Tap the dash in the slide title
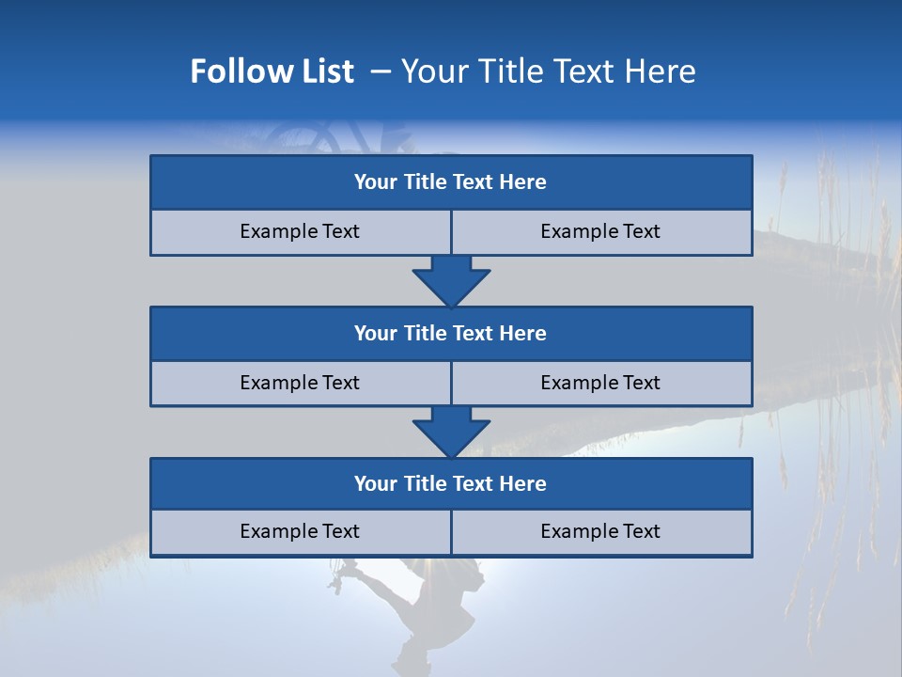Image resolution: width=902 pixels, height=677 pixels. pos(381,71)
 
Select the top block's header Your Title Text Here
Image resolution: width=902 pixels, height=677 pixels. pos(450,182)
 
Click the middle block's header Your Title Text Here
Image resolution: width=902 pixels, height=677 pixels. pos(450,333)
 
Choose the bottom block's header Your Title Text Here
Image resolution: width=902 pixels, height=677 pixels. pos(450,483)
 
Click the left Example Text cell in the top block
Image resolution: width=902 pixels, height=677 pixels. pos(300,231)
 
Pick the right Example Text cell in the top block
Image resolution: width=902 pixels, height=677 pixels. pos(600,231)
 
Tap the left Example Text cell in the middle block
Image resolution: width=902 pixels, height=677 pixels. pos(300,383)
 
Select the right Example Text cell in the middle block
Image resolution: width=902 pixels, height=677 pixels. pos(600,383)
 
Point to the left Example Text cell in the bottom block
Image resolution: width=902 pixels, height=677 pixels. pos(300,531)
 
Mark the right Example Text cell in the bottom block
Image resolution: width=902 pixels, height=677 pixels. pos(600,531)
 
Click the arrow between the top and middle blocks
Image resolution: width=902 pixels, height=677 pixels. pos(451,280)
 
